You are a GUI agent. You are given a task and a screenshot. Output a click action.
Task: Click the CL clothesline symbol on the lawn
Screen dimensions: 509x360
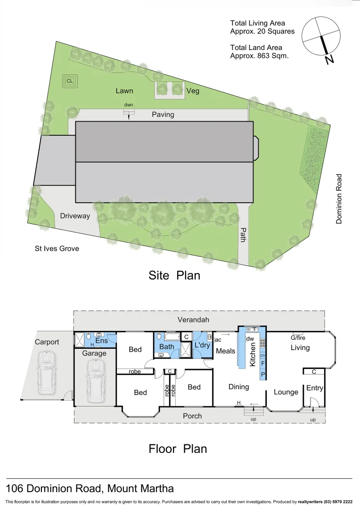point(70,81)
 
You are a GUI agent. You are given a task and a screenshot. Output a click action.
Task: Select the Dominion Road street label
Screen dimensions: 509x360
point(339,198)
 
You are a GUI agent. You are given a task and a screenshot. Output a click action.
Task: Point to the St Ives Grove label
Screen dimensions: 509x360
point(57,248)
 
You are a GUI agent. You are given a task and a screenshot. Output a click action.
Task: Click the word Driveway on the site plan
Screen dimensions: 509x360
point(75,216)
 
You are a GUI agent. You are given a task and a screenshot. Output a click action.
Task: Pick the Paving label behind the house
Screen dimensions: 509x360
point(163,115)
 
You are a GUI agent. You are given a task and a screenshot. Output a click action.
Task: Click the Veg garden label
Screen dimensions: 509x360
point(193,90)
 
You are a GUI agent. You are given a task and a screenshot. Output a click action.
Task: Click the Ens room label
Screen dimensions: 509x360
point(101,341)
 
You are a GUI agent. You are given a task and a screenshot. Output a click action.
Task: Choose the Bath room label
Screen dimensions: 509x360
point(166,347)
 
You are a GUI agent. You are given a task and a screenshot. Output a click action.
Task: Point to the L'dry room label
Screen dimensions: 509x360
point(202,345)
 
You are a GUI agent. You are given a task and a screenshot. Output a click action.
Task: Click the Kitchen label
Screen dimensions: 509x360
point(253,354)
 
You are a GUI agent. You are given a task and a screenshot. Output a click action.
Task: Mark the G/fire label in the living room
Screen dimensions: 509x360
point(298,338)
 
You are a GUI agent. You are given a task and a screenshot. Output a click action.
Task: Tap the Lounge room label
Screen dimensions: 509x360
point(286,392)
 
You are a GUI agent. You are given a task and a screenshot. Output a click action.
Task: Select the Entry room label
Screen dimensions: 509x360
point(315,388)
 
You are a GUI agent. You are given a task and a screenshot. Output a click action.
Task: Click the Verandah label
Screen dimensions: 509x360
point(193,320)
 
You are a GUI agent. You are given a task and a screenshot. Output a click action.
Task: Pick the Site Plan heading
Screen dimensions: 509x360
point(174,275)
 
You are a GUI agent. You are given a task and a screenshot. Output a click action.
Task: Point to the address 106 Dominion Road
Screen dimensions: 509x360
point(90,488)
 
